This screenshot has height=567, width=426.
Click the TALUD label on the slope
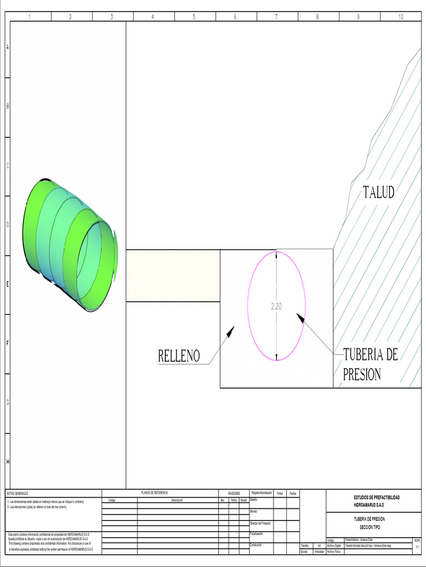pyautogui.click(x=379, y=193)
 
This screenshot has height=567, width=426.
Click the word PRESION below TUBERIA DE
pyautogui.click(x=362, y=375)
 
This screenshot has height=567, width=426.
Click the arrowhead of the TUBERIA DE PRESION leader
pyautogui.click(x=300, y=317)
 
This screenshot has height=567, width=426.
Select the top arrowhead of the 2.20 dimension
pyautogui.click(x=276, y=255)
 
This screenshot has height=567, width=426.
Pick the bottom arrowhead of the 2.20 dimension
pyautogui.click(x=276, y=357)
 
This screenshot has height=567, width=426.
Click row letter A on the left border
pyautogui.click(x=7, y=48)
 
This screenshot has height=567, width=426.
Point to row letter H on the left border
pyautogui.click(x=7, y=461)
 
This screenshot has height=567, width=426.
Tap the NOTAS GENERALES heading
pyautogui.click(x=17, y=493)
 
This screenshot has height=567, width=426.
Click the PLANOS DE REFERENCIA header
pyautogui.click(x=154, y=492)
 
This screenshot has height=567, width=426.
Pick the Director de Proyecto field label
pyautogui.click(x=260, y=523)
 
